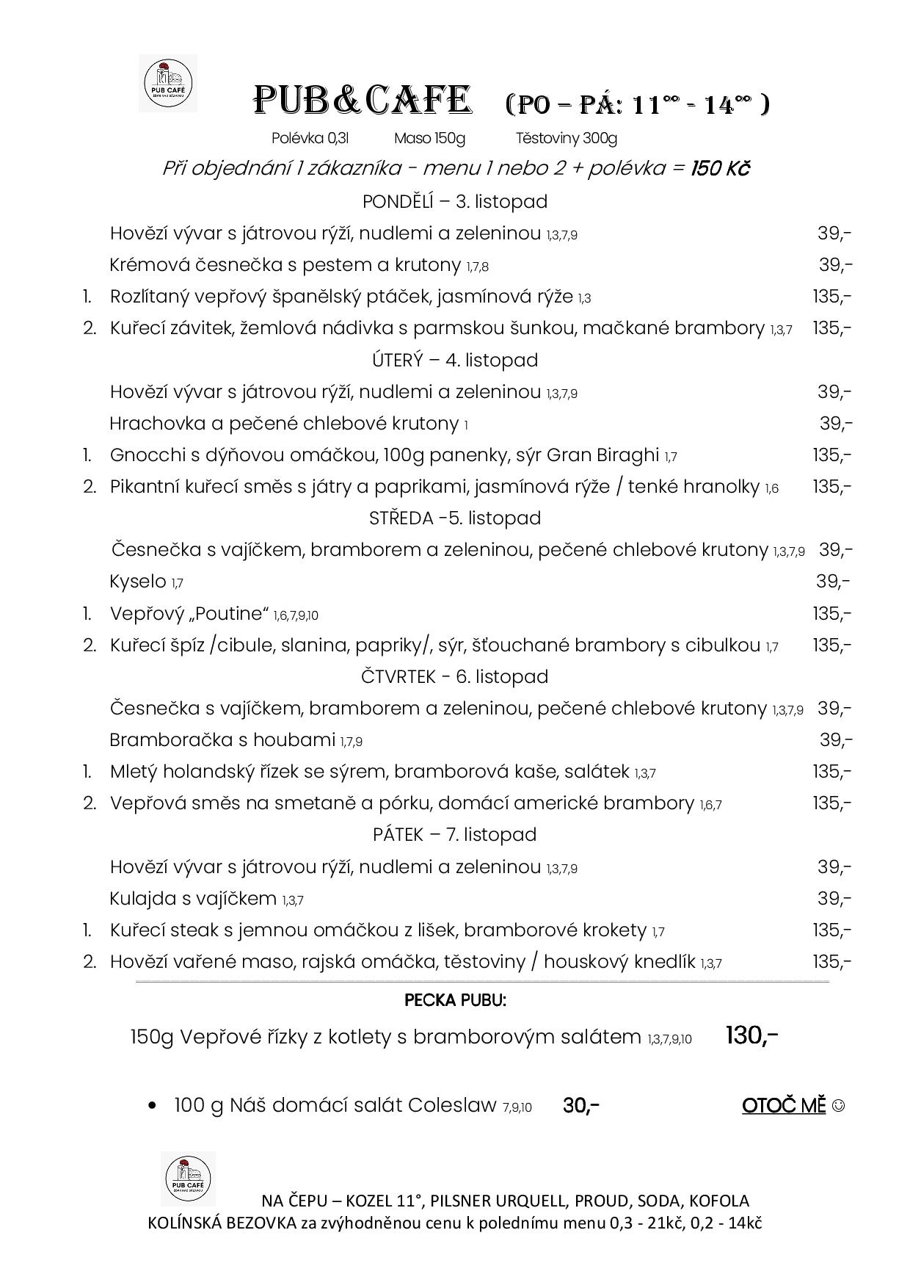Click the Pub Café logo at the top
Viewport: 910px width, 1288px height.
167,83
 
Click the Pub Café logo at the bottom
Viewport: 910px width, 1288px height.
188,1178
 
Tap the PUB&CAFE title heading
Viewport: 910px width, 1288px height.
361,101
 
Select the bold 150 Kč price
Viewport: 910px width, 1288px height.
720,168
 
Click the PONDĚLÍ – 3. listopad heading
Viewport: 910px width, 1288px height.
454,201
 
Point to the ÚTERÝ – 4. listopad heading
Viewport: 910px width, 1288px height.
454,360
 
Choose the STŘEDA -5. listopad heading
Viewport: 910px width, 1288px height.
454,518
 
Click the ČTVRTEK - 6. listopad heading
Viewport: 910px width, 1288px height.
454,676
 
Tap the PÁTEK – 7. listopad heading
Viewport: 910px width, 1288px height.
454,834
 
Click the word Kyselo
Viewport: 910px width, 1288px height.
138,582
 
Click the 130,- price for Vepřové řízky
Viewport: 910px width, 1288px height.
751,1035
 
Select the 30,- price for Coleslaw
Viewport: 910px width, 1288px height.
581,1105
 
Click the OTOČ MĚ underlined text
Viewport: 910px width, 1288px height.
784,1105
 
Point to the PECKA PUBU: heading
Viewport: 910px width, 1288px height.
455,1000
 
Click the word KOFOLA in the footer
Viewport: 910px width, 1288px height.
720,1201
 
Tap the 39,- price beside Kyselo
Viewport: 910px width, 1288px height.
833,582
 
